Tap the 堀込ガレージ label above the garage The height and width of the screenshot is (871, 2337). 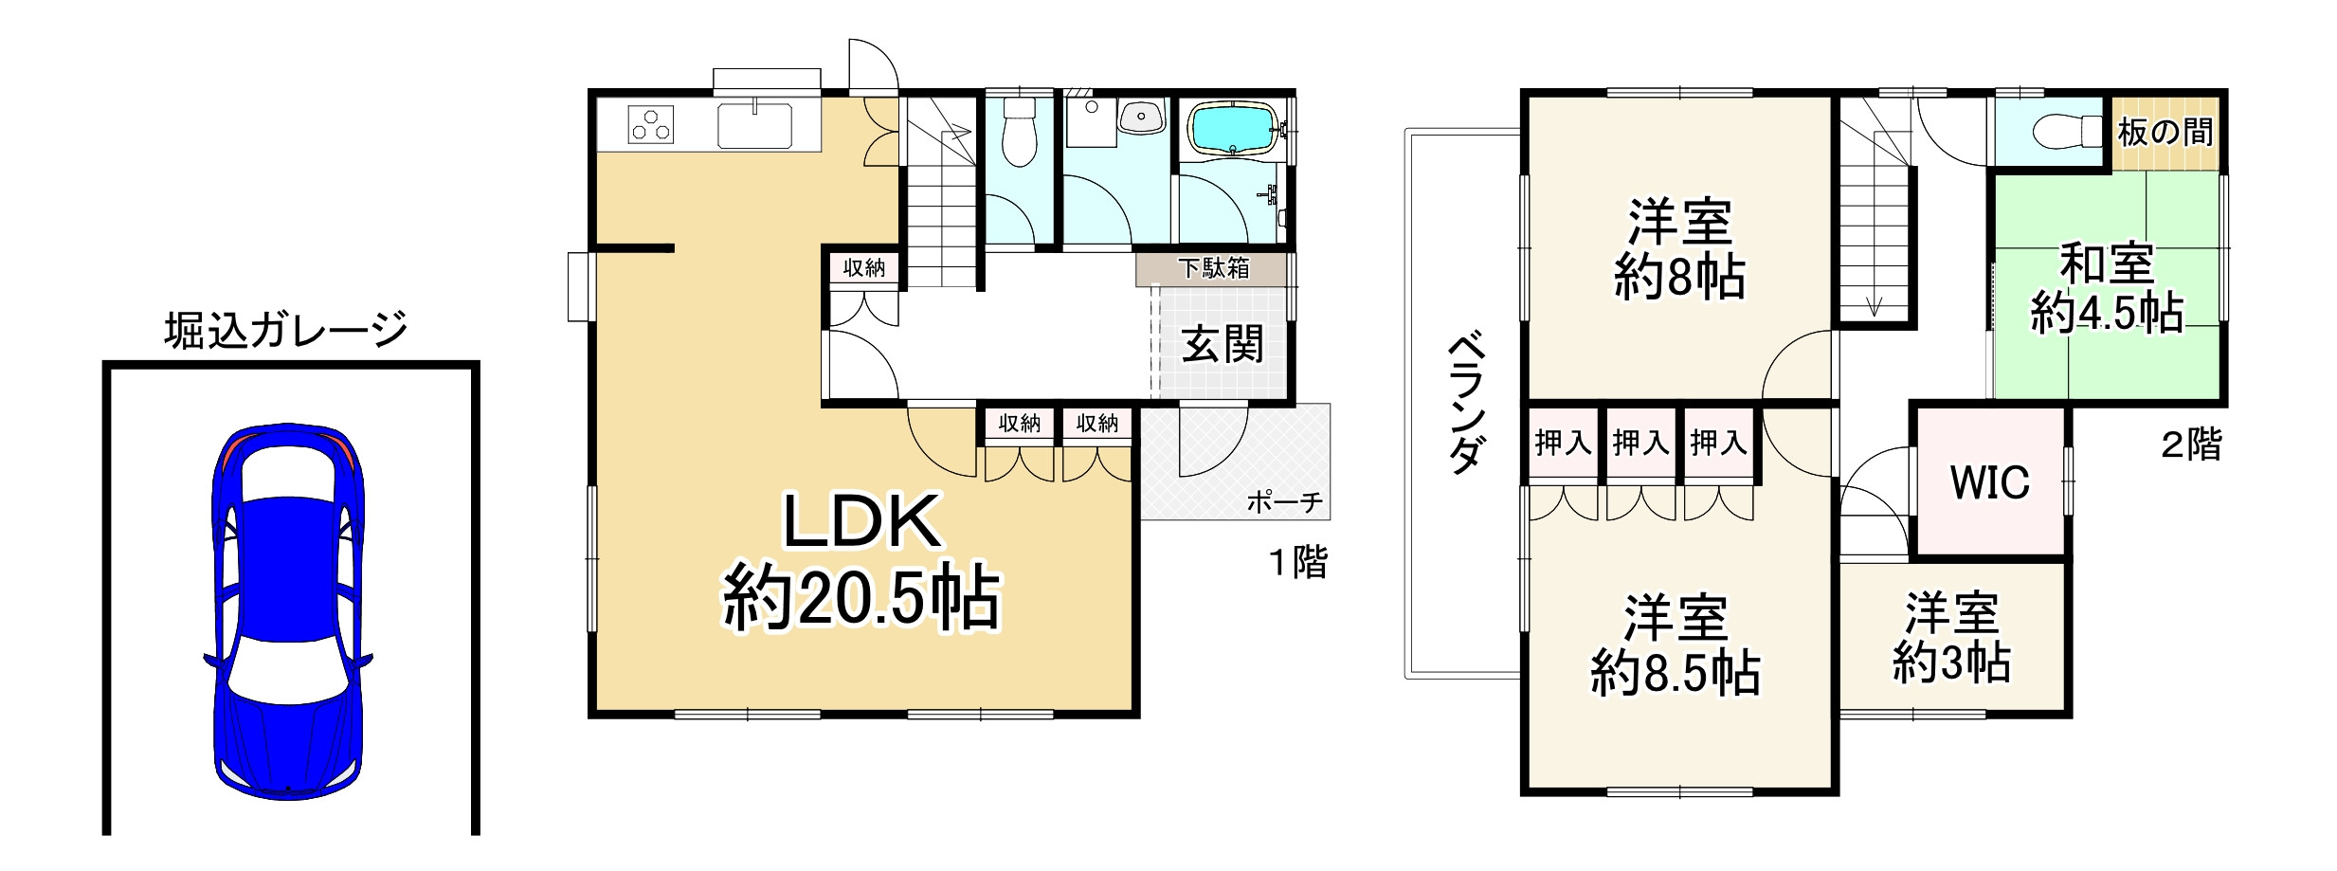(x=285, y=331)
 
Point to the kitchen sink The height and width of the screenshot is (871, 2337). (x=754, y=126)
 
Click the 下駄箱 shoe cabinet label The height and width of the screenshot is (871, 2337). (x=1214, y=269)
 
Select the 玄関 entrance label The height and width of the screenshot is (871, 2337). (x=1223, y=345)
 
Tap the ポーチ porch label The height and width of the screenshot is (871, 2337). (x=1284, y=502)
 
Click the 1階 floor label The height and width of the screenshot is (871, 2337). (x=1298, y=563)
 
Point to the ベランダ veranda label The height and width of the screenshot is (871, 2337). (x=1465, y=402)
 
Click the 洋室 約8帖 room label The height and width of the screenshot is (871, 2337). (x=1679, y=249)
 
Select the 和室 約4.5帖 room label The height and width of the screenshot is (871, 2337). (x=2106, y=288)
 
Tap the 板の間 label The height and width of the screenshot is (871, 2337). (x=2165, y=133)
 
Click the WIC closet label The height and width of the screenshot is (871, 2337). (x=1989, y=482)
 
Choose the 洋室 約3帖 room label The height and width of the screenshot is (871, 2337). (x=1951, y=638)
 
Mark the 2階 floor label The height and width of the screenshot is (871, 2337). (x=2191, y=445)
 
